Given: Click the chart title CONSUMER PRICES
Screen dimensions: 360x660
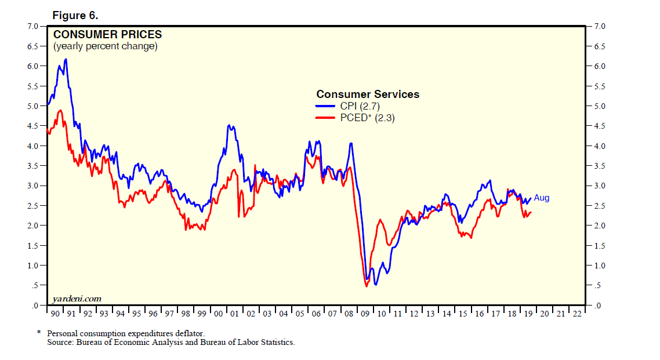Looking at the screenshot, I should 107,35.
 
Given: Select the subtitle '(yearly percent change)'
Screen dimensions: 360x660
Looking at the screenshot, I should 105,46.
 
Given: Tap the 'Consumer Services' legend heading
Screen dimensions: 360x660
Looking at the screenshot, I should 367,94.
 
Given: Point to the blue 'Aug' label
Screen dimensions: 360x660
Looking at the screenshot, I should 541,198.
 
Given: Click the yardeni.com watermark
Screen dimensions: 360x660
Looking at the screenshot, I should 77,299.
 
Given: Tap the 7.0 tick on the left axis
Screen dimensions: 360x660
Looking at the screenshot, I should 32,26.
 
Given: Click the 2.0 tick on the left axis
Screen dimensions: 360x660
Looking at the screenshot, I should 32,226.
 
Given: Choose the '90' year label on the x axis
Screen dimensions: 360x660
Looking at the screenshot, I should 55,314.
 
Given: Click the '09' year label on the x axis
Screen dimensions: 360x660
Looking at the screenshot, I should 365,314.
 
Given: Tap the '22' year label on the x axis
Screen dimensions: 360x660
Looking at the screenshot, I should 576,314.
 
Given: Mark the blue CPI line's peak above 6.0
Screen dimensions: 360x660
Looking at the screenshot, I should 66,59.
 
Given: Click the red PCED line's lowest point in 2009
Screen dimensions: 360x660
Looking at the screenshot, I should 367,286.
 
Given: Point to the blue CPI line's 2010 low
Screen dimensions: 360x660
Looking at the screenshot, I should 376,285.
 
